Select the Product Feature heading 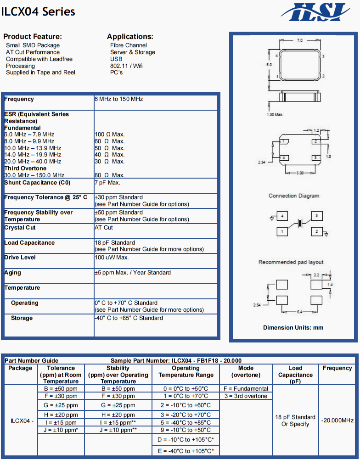click(33, 37)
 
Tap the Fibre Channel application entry click(129, 45)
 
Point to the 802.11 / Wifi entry click(126, 66)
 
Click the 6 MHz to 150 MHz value click(119, 99)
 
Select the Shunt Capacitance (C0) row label click(37, 183)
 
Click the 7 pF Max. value click(107, 183)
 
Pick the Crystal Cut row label click(20, 228)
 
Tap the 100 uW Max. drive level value click(112, 258)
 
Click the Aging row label click(13, 273)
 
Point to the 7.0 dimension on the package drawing click(299, 40)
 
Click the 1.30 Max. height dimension click(275, 114)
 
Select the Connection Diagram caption click(294, 196)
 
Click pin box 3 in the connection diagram click(316, 216)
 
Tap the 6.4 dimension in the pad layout click(299, 312)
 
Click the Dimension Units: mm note click(293, 328)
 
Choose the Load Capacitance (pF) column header click(295, 375)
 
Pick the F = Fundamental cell click(245, 389)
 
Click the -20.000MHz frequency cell click(337, 420)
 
